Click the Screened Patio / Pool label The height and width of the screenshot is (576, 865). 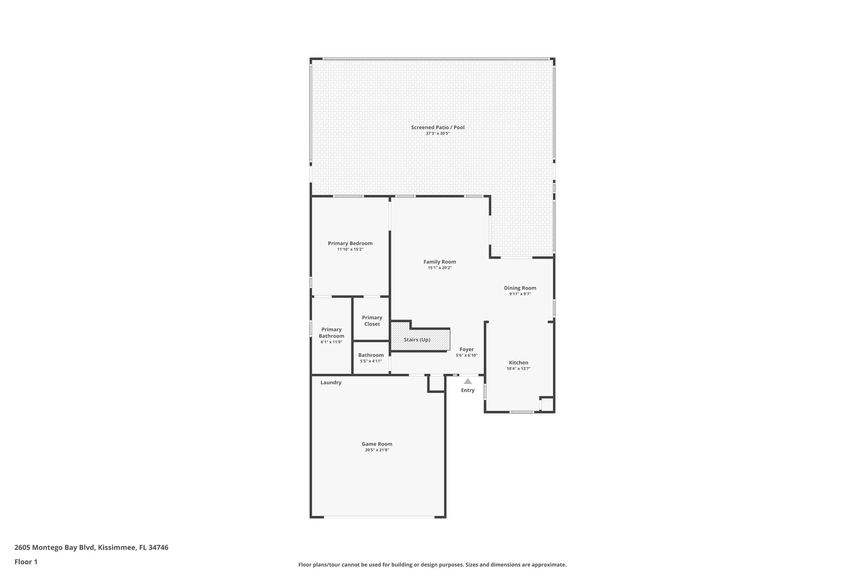coord(438,127)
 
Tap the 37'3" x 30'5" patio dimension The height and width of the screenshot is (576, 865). coord(438,133)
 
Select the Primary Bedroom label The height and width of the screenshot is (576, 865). coord(350,243)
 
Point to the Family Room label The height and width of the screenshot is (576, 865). coord(440,262)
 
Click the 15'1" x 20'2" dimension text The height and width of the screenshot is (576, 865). coord(440,268)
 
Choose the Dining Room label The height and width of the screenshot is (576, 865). coord(520,288)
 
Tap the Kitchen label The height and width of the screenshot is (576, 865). coord(518,362)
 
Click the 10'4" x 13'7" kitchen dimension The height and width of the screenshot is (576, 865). coord(518,369)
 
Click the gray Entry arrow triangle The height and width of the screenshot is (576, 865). coord(468,381)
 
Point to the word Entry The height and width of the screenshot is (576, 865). coord(468,390)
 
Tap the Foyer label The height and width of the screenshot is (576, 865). coord(466,349)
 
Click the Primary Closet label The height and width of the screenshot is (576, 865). coord(372,321)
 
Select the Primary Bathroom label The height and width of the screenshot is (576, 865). coord(331,333)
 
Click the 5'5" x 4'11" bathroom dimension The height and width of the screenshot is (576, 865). coord(371,361)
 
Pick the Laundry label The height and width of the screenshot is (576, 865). coord(331,383)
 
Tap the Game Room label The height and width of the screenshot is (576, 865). coord(377,444)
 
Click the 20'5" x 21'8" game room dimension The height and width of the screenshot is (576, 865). coord(377,450)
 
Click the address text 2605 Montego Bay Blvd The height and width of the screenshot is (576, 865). coord(55,548)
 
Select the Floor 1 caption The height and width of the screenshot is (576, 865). coord(26,562)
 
